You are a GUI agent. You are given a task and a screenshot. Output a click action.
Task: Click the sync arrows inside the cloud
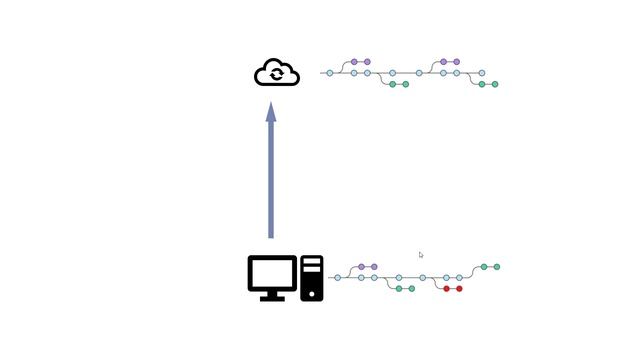[277, 74]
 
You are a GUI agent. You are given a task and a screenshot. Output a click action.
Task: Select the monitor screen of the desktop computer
[272, 273]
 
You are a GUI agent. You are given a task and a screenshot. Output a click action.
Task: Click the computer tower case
[312, 278]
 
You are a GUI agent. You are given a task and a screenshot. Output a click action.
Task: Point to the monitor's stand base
[272, 297]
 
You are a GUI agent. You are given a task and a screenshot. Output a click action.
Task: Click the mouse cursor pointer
[421, 255]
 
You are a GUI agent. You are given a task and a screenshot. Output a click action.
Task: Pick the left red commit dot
[447, 289]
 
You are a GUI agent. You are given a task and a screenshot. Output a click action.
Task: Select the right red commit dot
[459, 289]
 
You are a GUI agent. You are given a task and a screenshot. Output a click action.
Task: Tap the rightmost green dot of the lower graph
[497, 267]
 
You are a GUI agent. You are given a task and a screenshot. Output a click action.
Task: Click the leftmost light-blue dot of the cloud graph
[330, 73]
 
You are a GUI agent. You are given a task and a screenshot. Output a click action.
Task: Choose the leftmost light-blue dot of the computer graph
[337, 278]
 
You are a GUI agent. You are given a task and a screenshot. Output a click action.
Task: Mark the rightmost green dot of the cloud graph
[495, 85]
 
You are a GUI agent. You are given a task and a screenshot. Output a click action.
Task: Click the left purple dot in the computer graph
[361, 267]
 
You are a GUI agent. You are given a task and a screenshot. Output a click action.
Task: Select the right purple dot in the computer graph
[374, 267]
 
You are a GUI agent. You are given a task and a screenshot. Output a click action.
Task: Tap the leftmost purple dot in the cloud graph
[354, 62]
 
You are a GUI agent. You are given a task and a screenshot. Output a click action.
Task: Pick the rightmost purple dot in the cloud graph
[457, 62]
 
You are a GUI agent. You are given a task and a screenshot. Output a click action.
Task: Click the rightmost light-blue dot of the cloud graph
[482, 73]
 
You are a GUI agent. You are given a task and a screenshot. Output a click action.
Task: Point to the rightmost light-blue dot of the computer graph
[460, 278]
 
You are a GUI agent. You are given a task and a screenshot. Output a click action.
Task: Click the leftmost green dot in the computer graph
[398, 289]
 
